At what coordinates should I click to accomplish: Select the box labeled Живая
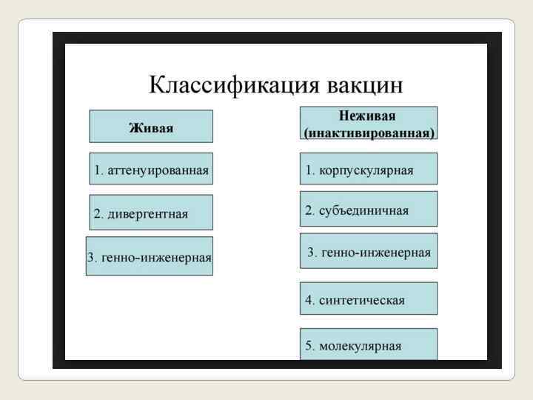(151, 127)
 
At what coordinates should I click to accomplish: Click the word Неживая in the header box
(368, 116)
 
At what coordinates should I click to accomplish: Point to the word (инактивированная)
(369, 133)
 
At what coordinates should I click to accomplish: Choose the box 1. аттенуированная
(151, 170)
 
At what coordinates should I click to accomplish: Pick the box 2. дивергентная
(151, 213)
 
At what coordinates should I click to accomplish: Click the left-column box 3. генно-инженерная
(150, 256)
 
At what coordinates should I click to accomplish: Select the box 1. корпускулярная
(368, 170)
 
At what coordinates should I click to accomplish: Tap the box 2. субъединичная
(368, 210)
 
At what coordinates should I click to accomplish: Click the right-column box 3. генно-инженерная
(368, 252)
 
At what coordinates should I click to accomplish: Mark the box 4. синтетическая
(368, 299)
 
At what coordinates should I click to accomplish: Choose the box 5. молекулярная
(368, 344)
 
